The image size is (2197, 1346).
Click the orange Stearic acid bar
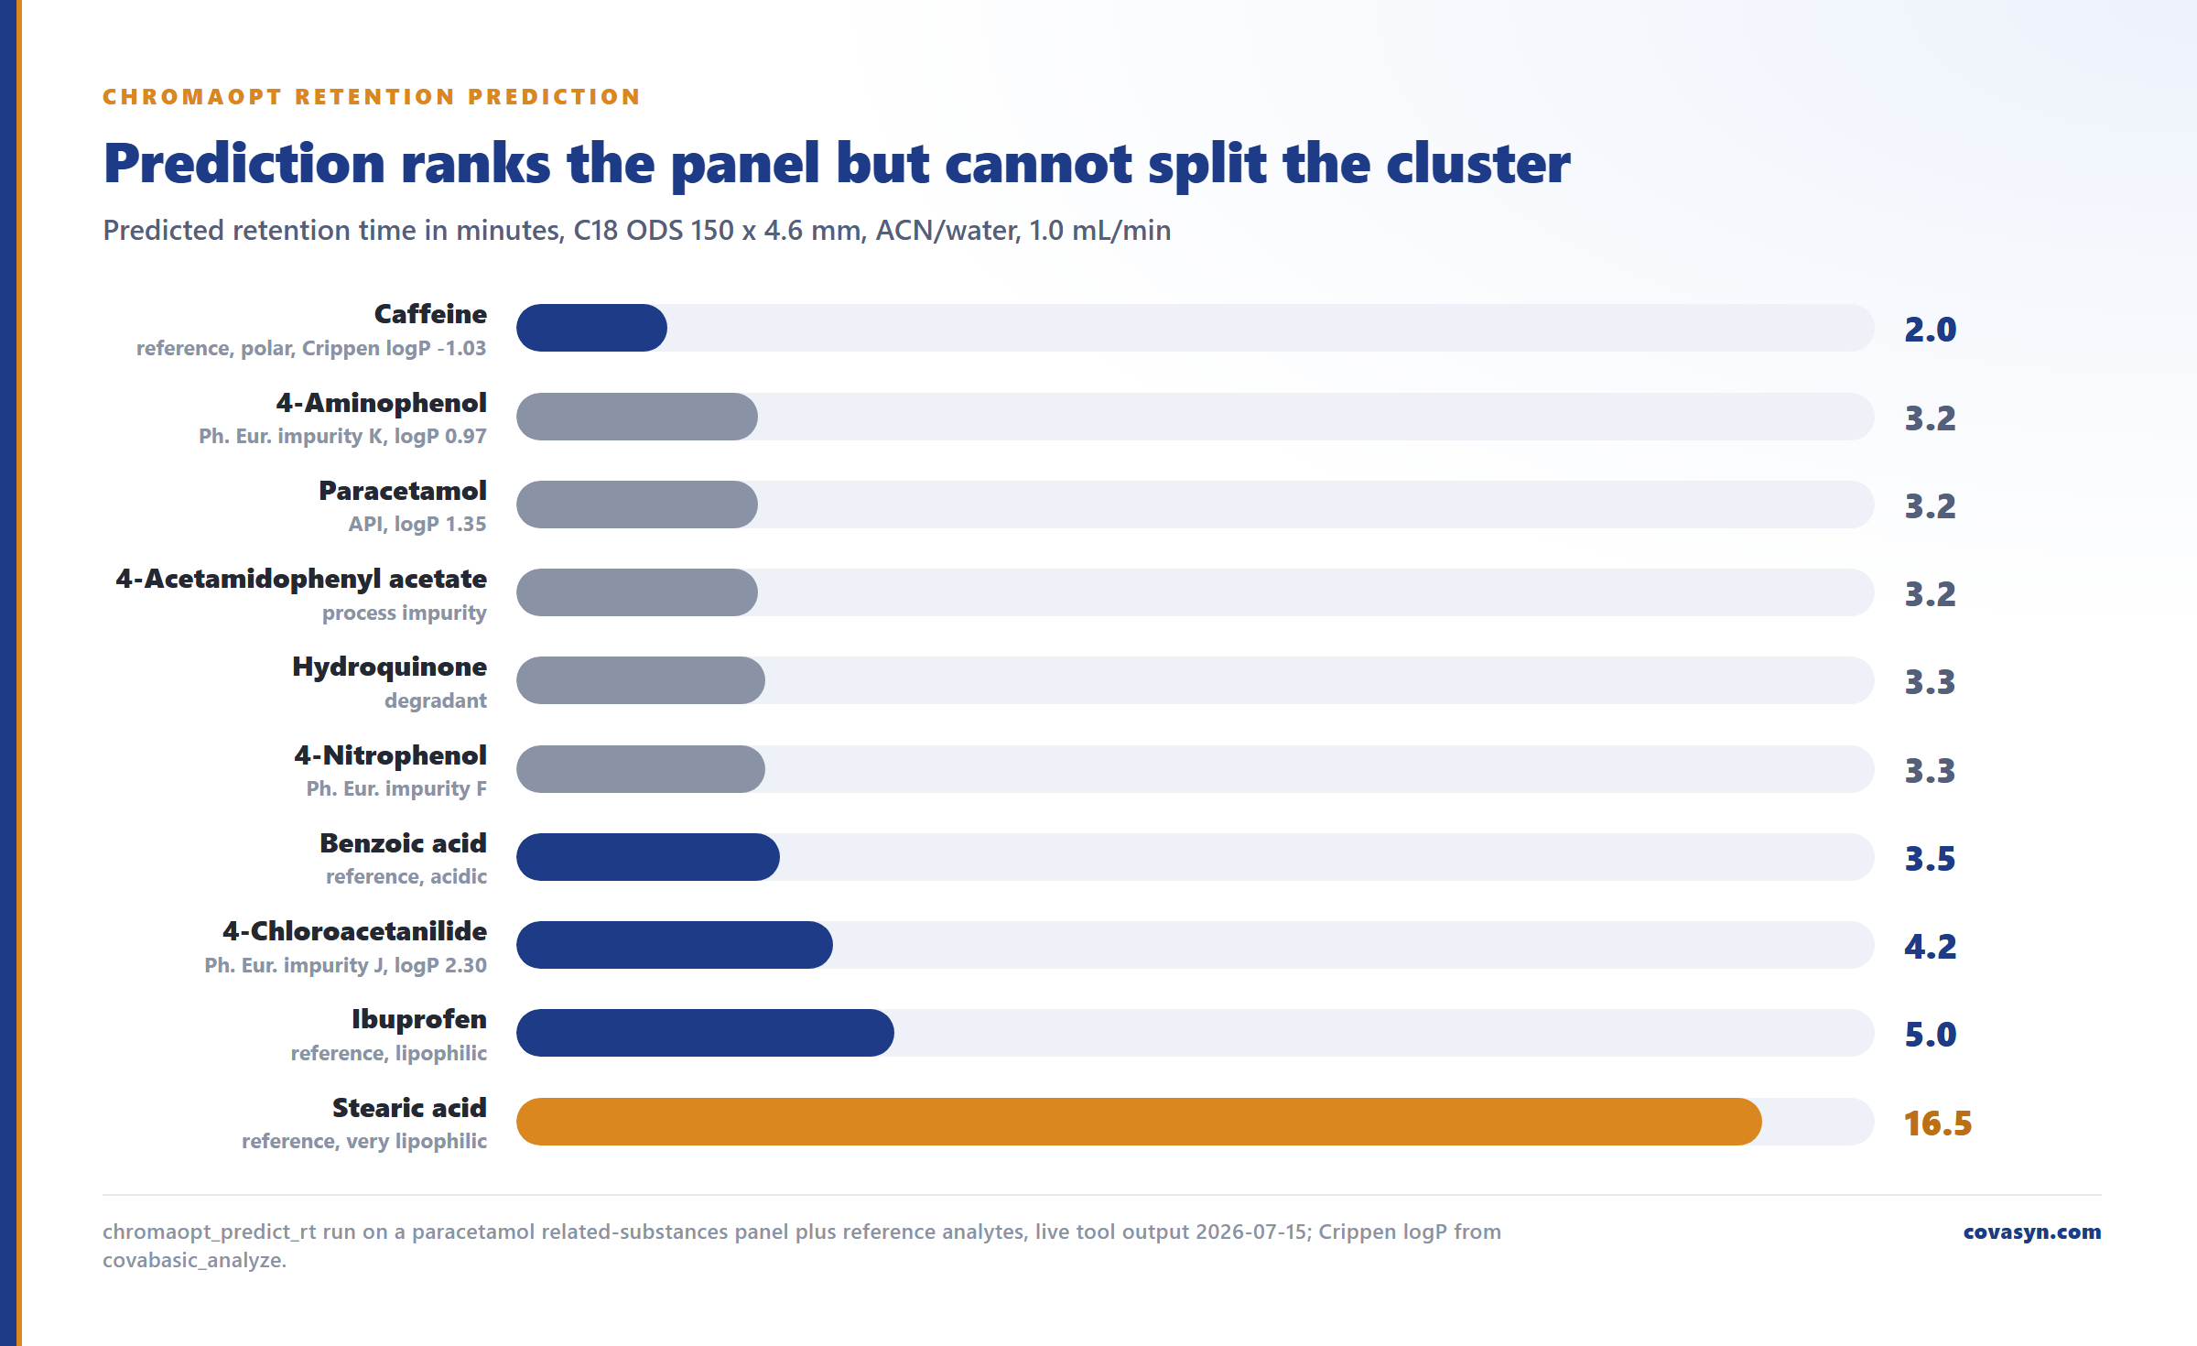point(1139,1122)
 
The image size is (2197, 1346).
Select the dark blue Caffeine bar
point(591,328)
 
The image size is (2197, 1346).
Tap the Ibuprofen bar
point(705,1033)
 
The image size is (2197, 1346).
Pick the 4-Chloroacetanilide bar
point(675,945)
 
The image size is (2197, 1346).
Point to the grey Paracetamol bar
point(637,505)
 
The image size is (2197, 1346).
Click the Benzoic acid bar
point(648,857)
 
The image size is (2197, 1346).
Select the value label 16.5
point(1938,1123)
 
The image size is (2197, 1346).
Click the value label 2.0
point(1931,330)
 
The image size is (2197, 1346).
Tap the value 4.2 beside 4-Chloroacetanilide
point(1931,947)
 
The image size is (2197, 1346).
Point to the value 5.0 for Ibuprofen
point(1931,1035)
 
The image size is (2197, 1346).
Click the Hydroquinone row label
point(390,667)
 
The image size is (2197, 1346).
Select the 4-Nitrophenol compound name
point(391,755)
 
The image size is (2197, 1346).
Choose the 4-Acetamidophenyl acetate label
point(301,579)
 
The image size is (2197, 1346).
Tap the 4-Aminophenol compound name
point(382,403)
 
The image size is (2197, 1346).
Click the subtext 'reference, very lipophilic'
point(364,1141)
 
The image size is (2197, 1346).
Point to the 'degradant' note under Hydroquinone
point(436,700)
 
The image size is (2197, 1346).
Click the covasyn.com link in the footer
point(2032,1232)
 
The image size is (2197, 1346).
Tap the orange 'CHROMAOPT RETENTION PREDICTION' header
point(372,97)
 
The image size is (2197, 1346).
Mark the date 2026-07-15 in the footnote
point(1252,1232)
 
